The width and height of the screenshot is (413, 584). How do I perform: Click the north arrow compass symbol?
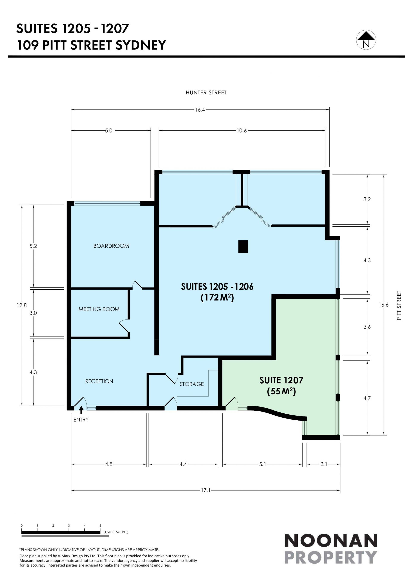pos(366,40)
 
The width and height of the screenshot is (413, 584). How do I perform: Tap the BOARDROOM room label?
pos(111,246)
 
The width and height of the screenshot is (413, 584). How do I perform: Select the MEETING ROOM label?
pos(99,309)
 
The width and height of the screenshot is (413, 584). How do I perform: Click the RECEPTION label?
pos(99,381)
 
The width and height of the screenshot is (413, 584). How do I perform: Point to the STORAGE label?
pos(192,384)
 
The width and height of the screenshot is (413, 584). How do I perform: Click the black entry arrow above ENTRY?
pos(81,410)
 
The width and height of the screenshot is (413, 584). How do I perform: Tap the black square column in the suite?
pos(243,247)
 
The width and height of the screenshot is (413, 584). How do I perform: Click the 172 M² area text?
pos(217,298)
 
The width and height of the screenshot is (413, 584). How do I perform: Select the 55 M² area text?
pos(281,391)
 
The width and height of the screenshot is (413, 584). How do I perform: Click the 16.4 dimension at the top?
pos(200,110)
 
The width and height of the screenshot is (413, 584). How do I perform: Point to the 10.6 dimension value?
pos(242,131)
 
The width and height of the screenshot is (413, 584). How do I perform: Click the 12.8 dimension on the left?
pos(22,306)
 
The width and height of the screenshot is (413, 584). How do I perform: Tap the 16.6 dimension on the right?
pos(384,305)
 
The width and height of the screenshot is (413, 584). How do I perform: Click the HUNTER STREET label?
pos(206,93)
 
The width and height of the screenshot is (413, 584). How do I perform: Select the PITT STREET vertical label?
pos(399,306)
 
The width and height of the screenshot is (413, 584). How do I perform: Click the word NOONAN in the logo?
pos(331,541)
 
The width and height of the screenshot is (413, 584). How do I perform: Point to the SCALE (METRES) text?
pos(116,532)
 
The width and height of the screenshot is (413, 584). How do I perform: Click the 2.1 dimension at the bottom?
pos(324,464)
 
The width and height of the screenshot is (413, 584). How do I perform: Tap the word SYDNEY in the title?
pos(141,45)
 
